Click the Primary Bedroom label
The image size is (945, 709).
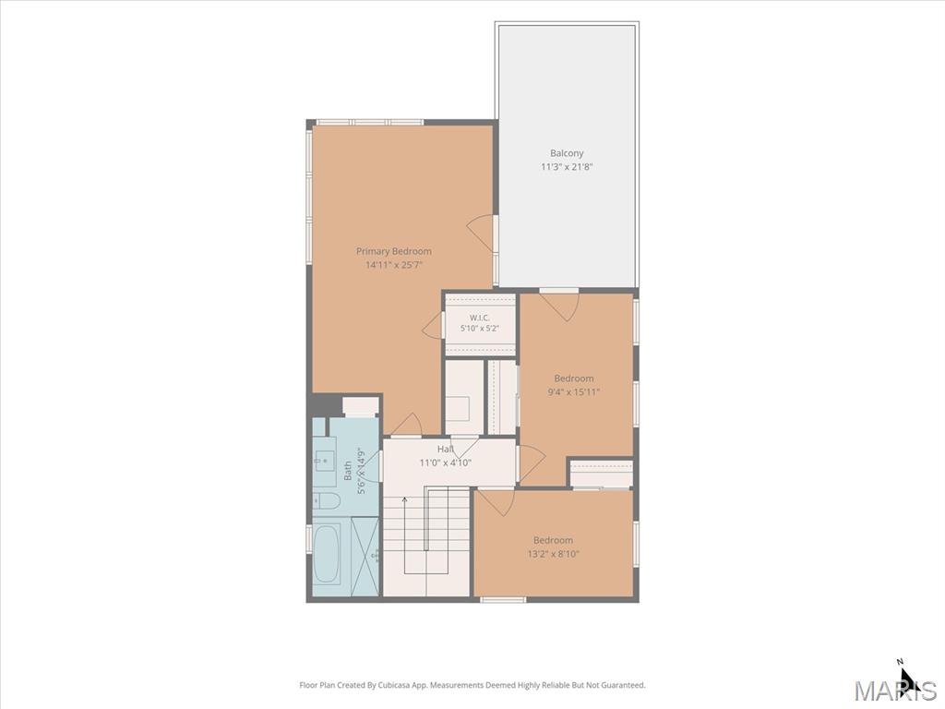click(393, 251)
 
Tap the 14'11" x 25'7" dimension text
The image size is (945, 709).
click(393, 265)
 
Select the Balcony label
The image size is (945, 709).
click(567, 153)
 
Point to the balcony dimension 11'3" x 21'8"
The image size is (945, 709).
click(567, 166)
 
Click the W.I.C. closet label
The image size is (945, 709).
click(480, 318)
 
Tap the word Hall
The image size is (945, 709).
click(446, 450)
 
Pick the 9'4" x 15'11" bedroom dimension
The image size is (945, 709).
click(574, 391)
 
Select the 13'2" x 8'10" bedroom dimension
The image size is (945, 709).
click(553, 554)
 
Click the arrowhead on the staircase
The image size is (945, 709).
click(404, 499)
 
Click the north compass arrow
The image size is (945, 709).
click(907, 677)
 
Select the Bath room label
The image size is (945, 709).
click(348, 471)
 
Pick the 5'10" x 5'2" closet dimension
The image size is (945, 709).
click(480, 329)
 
